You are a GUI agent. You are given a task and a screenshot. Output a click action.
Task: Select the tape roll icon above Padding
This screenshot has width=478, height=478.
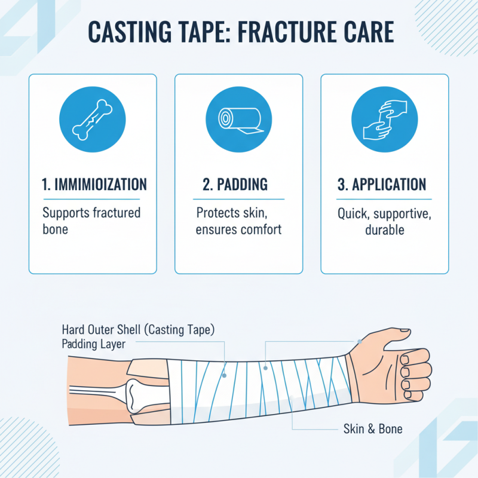[238, 118]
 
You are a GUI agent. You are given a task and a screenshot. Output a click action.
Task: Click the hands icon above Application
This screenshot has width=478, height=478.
[384, 118]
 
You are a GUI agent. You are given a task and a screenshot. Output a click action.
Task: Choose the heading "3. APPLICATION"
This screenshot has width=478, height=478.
[384, 185]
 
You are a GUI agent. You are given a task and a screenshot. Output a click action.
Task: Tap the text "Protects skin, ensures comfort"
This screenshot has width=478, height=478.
[238, 221]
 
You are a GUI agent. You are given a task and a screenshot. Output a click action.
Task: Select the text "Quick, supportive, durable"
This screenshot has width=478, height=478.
[384, 221]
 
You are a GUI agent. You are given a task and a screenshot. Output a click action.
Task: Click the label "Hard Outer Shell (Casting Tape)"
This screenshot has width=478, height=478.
[137, 330]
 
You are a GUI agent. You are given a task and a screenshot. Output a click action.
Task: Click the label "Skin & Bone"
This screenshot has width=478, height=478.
[372, 428]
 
